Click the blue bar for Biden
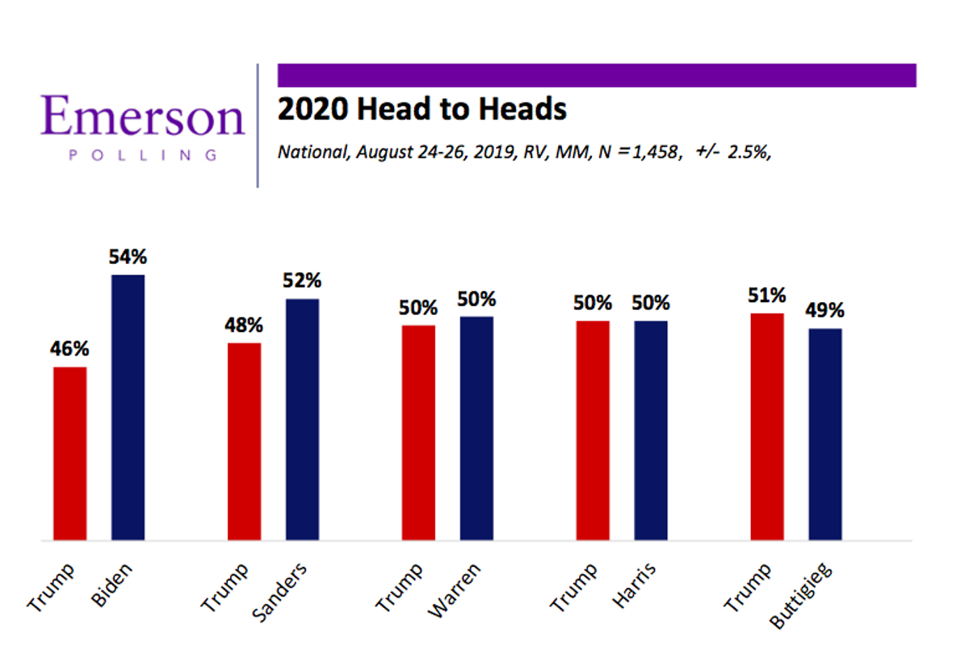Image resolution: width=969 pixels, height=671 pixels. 128,407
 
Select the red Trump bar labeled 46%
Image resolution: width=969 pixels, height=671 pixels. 69,453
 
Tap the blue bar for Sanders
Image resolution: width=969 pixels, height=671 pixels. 302,419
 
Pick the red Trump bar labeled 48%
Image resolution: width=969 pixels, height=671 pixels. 244,441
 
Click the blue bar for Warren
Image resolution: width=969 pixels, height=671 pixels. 476,428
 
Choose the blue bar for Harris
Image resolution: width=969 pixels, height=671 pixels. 651,430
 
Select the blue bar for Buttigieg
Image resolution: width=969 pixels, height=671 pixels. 825,434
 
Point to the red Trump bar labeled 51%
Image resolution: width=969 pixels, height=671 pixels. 767,426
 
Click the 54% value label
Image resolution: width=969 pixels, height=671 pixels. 128,258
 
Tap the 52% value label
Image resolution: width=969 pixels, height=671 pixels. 302,282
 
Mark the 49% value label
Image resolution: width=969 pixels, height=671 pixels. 824,311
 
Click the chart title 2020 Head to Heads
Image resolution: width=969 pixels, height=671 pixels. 422,108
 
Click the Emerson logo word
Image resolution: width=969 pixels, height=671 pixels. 143,115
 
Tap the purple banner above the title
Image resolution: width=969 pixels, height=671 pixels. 597,74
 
